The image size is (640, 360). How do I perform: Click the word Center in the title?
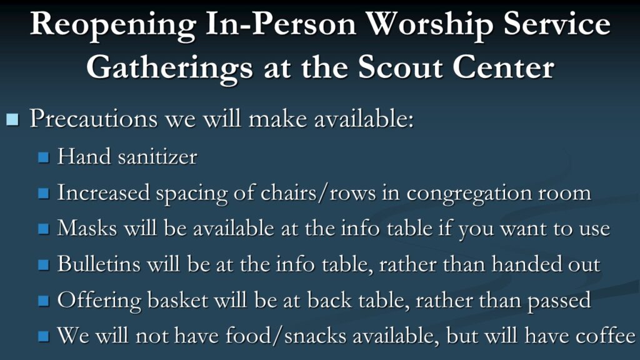click(x=503, y=67)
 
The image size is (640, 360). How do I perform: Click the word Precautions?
click(x=94, y=119)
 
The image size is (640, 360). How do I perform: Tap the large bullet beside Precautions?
click(x=12, y=119)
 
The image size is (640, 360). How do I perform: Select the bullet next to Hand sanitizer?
click(x=44, y=157)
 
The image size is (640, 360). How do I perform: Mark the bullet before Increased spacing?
click(x=44, y=193)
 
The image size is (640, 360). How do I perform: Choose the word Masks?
click(x=87, y=227)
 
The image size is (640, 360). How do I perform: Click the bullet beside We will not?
click(x=44, y=336)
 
